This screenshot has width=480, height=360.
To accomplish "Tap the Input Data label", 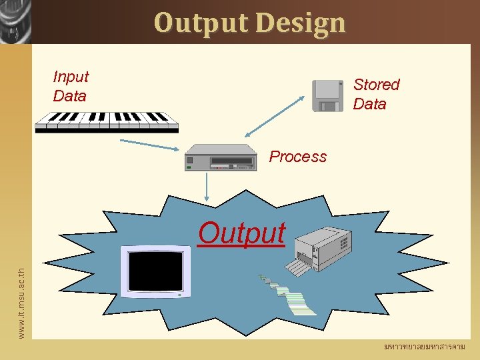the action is pos(71,87).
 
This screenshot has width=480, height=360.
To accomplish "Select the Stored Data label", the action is pos(376,94).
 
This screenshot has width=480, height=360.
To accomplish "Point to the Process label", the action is pos(298,157).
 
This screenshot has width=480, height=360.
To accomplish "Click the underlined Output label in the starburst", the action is pos(241,233).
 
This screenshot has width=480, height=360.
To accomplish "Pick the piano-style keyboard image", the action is pos(107,121).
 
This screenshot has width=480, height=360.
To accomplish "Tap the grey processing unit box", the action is pos(221,158).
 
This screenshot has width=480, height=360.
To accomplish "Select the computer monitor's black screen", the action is pos(155,271).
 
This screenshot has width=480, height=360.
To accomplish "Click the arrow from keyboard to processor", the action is pos(149,145).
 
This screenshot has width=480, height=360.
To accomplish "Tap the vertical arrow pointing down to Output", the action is pos(208,186).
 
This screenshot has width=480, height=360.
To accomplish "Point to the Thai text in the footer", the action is pos(424,347).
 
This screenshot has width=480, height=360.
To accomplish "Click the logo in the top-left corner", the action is pos(15,21).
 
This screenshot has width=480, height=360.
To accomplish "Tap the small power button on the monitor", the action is pos(180,294).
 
